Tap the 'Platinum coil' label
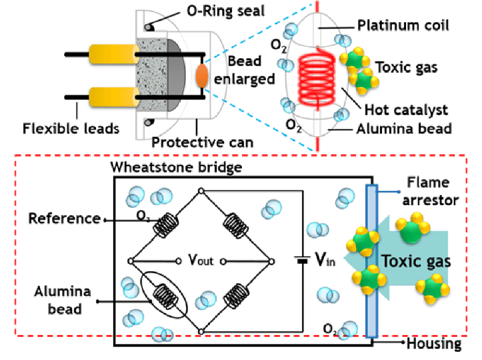pyautogui.click(x=402, y=26)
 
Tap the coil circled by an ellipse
pyautogui.click(x=164, y=294)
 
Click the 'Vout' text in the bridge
pyautogui.click(x=201, y=260)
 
